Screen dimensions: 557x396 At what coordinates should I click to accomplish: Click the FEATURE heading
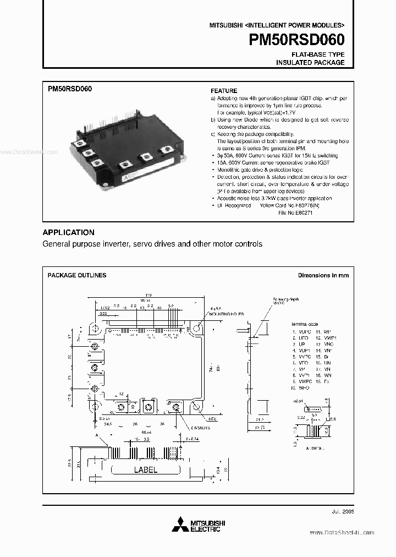[224, 91]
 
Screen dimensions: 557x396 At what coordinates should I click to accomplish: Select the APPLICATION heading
[68, 232]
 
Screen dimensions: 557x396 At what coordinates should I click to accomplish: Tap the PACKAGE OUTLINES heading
[77, 275]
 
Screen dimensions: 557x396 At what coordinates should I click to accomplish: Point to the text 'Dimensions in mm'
[323, 275]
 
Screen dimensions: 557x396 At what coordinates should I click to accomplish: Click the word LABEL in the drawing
[146, 470]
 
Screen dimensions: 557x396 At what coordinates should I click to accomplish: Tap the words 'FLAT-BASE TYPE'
[317, 54]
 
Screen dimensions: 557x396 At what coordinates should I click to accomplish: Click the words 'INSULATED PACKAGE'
[310, 63]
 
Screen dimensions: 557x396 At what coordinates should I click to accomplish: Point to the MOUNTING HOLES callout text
[225, 313]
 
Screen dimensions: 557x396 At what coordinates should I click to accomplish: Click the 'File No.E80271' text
[295, 212]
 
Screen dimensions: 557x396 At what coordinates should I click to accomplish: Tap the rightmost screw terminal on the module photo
[166, 149]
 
